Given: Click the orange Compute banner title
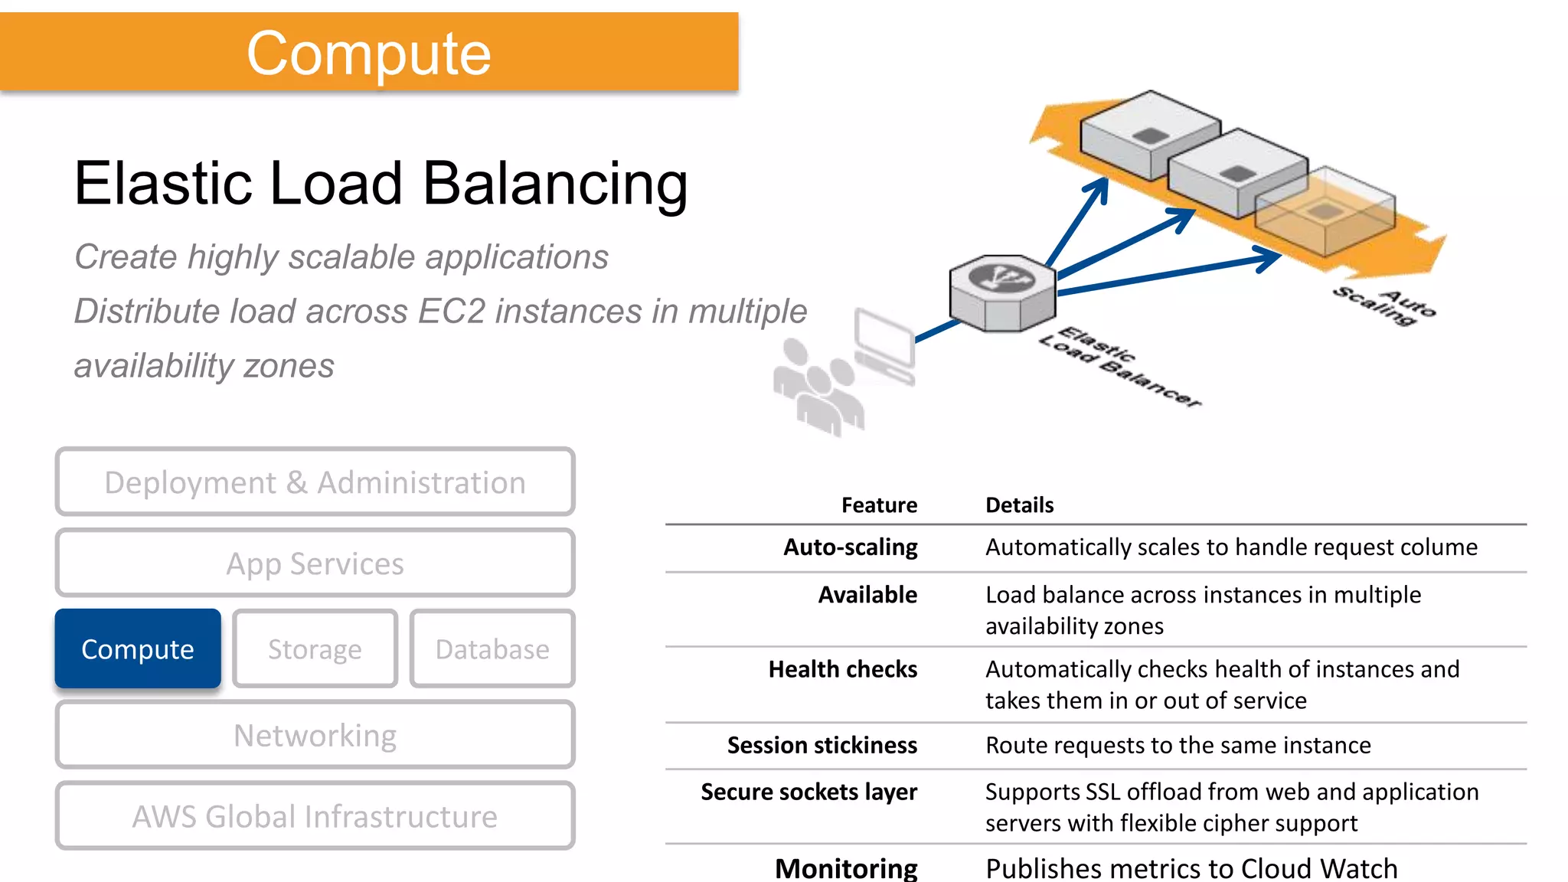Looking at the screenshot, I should click(368, 54).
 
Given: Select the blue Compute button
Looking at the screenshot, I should click(138, 649).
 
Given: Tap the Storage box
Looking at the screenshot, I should click(315, 649).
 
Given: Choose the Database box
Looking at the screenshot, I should click(492, 649).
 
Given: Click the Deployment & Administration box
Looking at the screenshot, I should click(315, 482).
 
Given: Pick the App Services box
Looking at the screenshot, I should click(315, 563).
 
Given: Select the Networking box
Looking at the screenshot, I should click(315, 735).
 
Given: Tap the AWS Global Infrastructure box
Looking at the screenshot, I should click(315, 816).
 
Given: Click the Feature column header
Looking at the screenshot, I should click(879, 505).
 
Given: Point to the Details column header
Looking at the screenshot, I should click(1019, 505).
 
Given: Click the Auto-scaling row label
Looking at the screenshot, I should click(850, 547).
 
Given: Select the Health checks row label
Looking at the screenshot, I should click(842, 669).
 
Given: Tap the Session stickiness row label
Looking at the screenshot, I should click(822, 745).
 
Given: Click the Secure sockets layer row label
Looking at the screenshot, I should click(808, 792).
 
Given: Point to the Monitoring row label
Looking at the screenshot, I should click(846, 868).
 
